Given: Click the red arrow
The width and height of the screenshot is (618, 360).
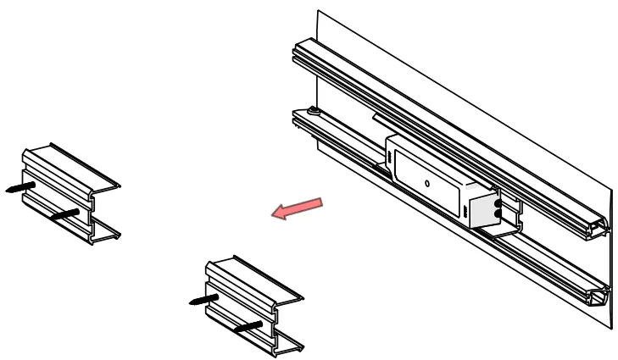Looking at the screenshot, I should pos(298,208).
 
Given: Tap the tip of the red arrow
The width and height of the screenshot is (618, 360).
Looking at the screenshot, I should pos(273,217).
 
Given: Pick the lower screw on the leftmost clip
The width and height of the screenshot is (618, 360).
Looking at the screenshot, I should pos(64,215).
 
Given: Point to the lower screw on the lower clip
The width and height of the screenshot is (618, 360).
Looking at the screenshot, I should pos(249,324).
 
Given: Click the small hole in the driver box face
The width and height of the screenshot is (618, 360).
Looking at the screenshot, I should pos(427,183).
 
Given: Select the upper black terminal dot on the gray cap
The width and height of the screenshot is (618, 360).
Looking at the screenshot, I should pos(497,203).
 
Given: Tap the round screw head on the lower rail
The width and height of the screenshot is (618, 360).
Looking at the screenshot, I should pos(315,110).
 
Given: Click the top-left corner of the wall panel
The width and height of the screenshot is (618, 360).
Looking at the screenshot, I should pos(318,11).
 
